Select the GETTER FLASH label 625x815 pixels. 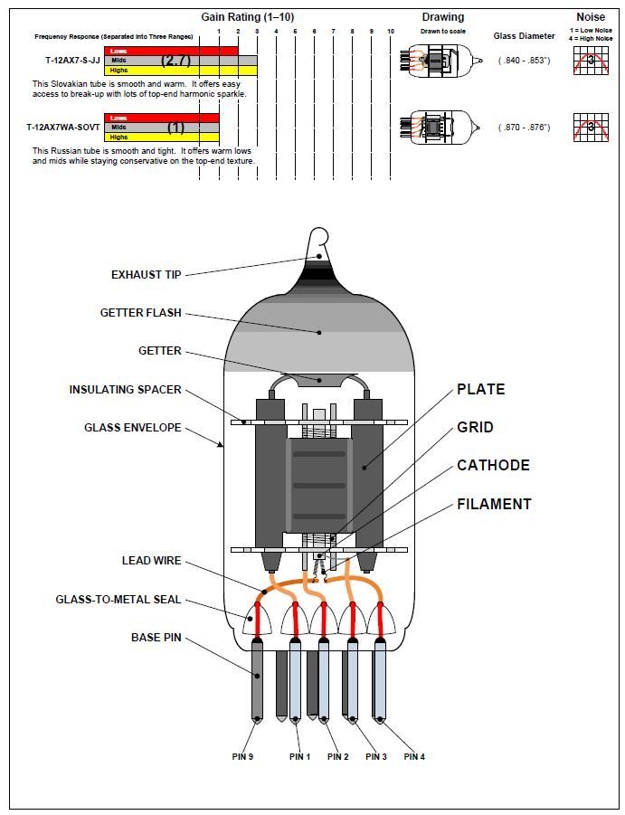(140, 313)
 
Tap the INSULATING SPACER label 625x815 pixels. (125, 390)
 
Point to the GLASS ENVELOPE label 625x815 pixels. (132, 427)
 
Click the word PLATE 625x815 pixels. (480, 390)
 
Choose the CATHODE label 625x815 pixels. (493, 466)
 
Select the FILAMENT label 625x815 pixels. (494, 504)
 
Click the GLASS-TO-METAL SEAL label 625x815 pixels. (118, 599)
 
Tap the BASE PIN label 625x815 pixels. (156, 638)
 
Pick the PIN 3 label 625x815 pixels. (376, 756)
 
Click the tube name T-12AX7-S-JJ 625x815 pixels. (72, 61)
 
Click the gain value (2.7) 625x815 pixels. (175, 61)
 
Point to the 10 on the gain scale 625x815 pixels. (390, 31)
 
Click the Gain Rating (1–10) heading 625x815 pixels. (246, 17)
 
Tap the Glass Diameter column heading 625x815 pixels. (524, 36)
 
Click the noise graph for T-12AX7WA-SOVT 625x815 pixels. (592, 128)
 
